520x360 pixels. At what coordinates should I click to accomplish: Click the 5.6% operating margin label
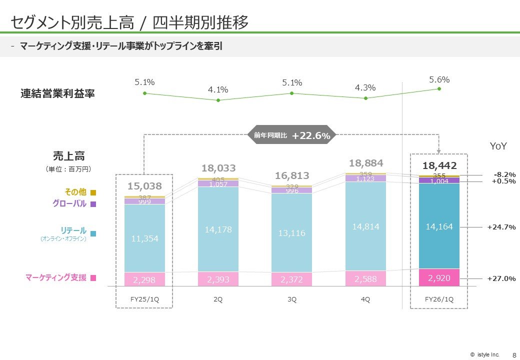(439, 79)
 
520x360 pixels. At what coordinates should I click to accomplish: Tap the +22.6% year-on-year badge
(311, 135)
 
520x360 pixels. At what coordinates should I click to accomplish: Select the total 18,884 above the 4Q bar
(366, 163)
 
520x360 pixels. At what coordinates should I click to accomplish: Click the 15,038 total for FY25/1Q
(144, 186)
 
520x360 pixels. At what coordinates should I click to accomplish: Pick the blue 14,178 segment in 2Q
(218, 229)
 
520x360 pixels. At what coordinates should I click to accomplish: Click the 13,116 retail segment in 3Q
(291, 233)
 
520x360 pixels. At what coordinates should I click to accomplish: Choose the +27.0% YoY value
(501, 278)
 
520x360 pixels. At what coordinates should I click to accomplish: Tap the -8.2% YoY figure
(504, 174)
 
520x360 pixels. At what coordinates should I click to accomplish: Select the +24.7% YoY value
(501, 227)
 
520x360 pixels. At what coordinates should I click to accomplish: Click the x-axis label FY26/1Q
(439, 299)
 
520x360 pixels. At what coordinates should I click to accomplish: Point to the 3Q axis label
(291, 299)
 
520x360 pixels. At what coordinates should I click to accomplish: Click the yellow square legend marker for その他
(93, 192)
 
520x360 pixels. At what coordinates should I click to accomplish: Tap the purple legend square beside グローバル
(93, 204)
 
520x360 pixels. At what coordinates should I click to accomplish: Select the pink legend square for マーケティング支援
(93, 278)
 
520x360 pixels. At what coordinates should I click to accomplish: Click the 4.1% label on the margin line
(218, 90)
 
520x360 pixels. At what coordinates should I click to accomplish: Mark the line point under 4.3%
(366, 98)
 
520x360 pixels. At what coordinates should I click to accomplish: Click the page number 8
(514, 354)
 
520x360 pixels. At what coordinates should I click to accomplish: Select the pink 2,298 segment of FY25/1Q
(144, 280)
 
